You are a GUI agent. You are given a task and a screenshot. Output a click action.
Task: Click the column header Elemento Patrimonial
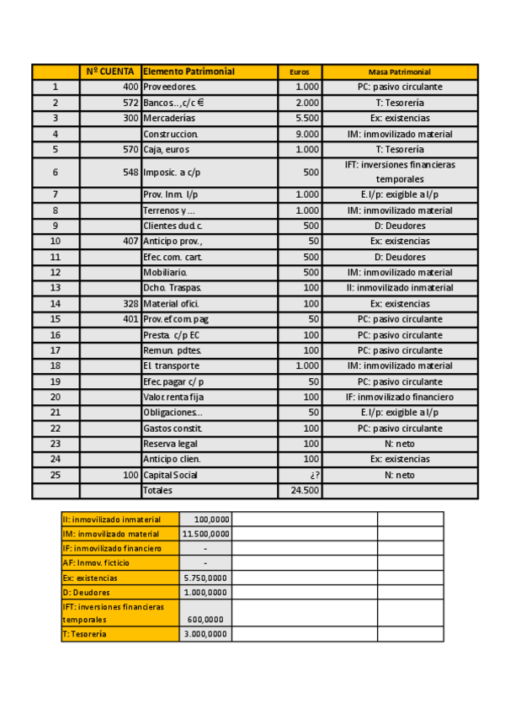pyautogui.click(x=189, y=72)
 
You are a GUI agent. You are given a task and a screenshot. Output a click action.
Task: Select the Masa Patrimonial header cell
pyautogui.click(x=399, y=72)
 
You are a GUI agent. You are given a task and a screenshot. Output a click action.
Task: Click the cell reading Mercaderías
pyautogui.click(x=169, y=118)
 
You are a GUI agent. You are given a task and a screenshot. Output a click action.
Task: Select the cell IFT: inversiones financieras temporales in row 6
pyautogui.click(x=399, y=172)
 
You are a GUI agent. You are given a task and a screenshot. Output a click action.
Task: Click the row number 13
pyautogui.click(x=56, y=288)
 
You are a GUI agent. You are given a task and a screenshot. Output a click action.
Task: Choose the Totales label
pyautogui.click(x=157, y=490)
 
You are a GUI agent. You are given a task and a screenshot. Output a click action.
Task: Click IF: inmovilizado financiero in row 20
pyautogui.click(x=399, y=397)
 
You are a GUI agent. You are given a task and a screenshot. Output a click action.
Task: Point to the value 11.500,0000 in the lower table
pyautogui.click(x=205, y=534)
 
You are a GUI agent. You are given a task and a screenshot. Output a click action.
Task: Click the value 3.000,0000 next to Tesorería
pyautogui.click(x=206, y=634)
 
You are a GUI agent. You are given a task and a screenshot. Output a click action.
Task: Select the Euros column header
pyautogui.click(x=300, y=72)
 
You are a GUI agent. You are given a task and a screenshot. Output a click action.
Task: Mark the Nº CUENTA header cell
pyautogui.click(x=110, y=72)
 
